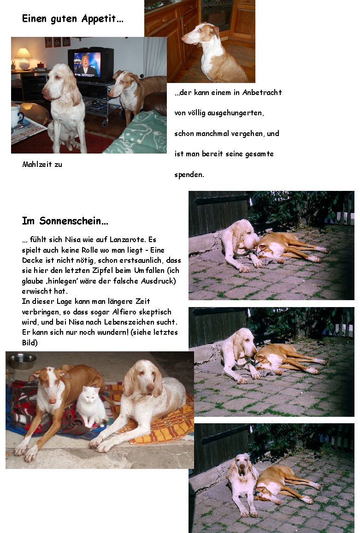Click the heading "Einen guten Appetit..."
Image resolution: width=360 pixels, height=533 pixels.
coord(72,19)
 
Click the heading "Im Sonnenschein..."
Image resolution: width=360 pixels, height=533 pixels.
coord(65,221)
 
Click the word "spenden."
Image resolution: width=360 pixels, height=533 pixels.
coord(189,175)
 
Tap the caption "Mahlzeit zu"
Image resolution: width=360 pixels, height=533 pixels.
coord(42,164)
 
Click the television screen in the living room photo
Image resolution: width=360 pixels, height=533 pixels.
coord(88,64)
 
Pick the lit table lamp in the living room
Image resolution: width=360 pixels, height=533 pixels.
coord(23,56)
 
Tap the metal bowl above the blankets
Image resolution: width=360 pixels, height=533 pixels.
coord(22,360)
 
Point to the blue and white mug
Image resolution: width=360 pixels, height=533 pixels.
coord(17,115)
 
